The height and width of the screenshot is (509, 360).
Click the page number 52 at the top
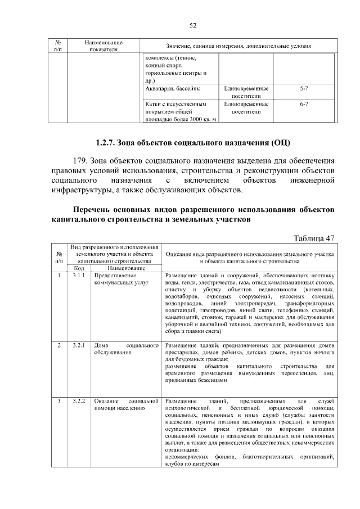pos(192,25)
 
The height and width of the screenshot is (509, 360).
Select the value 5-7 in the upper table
pos(304,89)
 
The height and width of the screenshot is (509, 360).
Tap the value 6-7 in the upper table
pos(304,104)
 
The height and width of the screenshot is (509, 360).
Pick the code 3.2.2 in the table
pos(79,401)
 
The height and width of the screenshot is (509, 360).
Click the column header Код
pos(79,268)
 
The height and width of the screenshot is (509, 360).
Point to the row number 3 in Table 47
pos(59,401)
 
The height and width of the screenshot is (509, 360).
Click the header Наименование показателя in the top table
pos(103,46)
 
